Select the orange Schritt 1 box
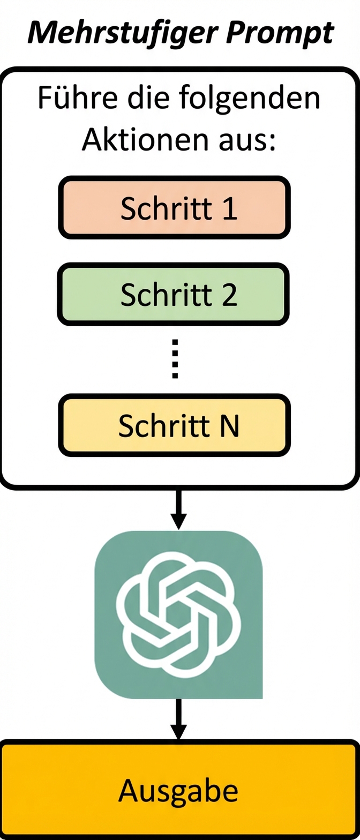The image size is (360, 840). pos(174,207)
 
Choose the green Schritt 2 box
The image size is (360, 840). pos(174,294)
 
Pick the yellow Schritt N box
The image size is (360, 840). pos(174,425)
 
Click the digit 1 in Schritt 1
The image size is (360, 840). pos(229,208)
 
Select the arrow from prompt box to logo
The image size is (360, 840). pos(178,509)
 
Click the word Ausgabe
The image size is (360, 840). pos(178,790)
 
